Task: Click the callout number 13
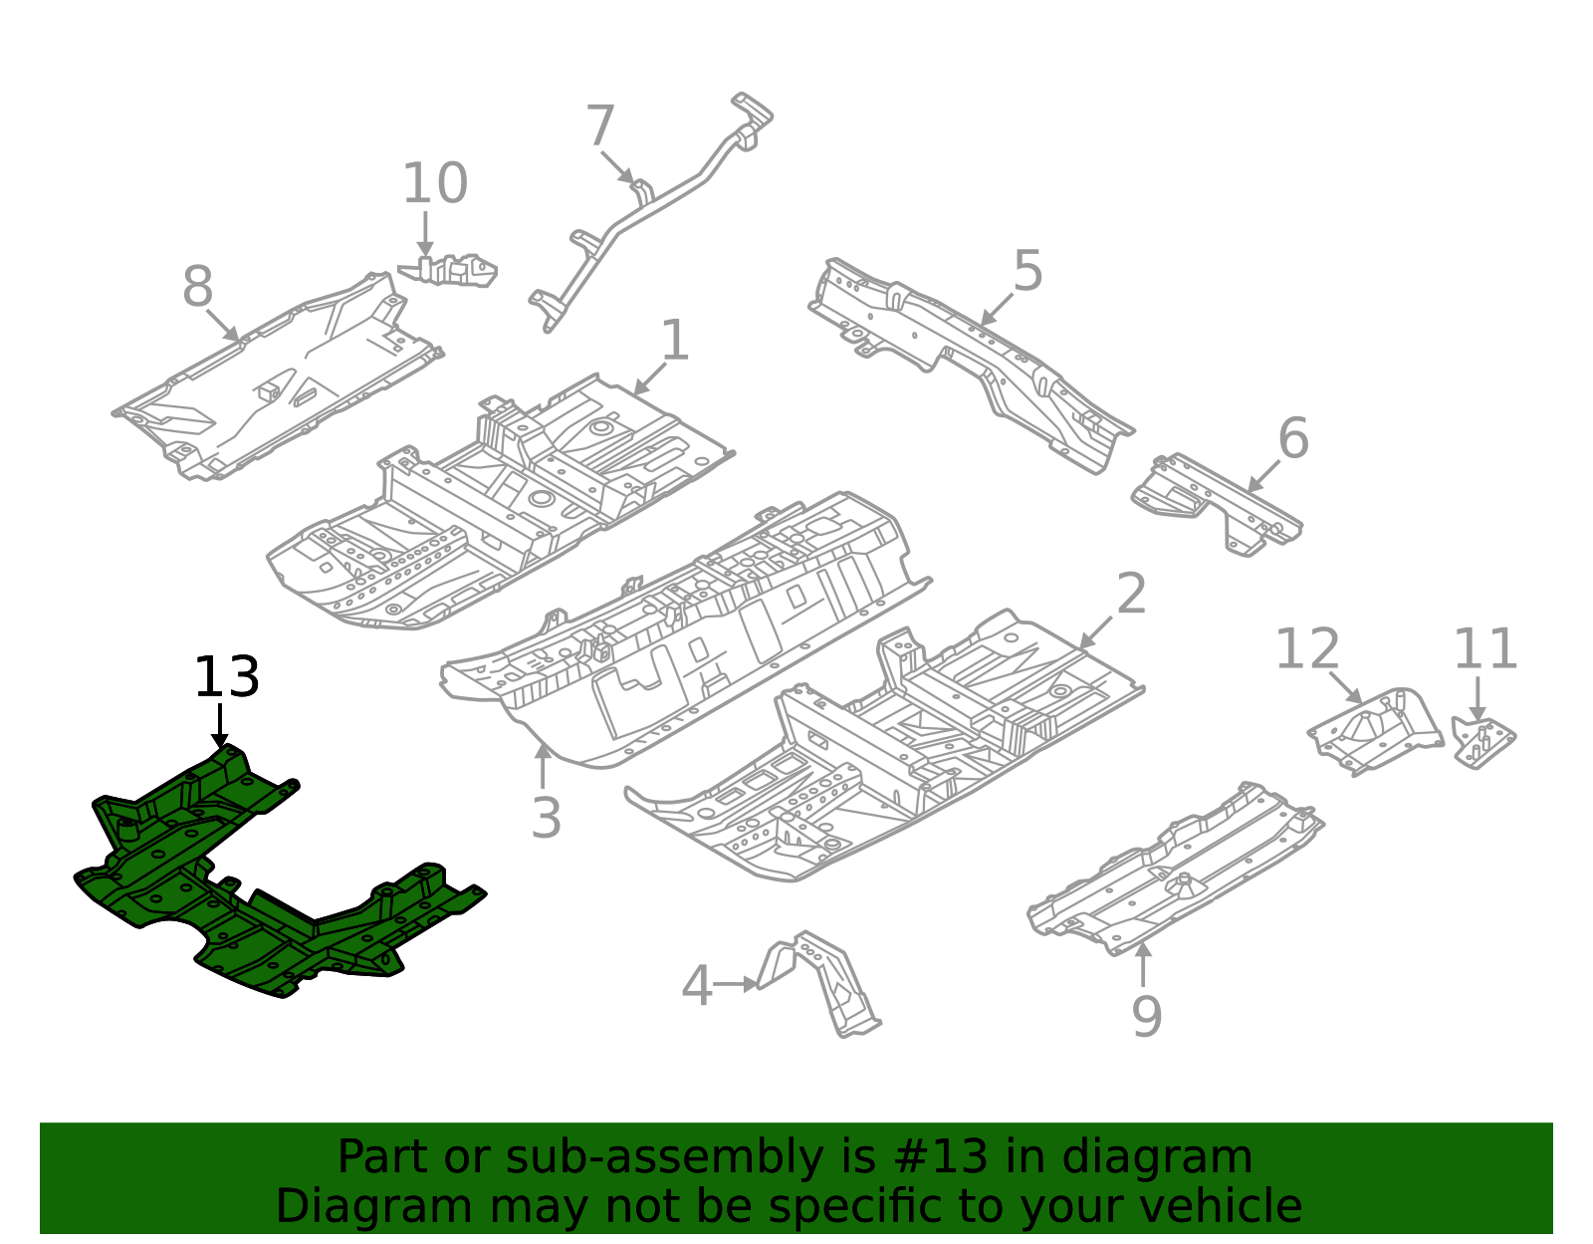click(226, 677)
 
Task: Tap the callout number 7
click(600, 127)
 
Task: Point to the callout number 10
click(434, 184)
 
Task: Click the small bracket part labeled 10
click(453, 270)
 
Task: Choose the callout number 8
click(197, 288)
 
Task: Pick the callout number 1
click(675, 342)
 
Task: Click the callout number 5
click(1027, 272)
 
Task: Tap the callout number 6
click(1292, 439)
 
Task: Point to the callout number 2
click(1131, 595)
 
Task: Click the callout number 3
click(546, 819)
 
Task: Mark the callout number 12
click(1306, 649)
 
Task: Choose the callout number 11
click(1484, 649)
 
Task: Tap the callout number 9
click(1146, 1017)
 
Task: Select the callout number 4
click(696, 986)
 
